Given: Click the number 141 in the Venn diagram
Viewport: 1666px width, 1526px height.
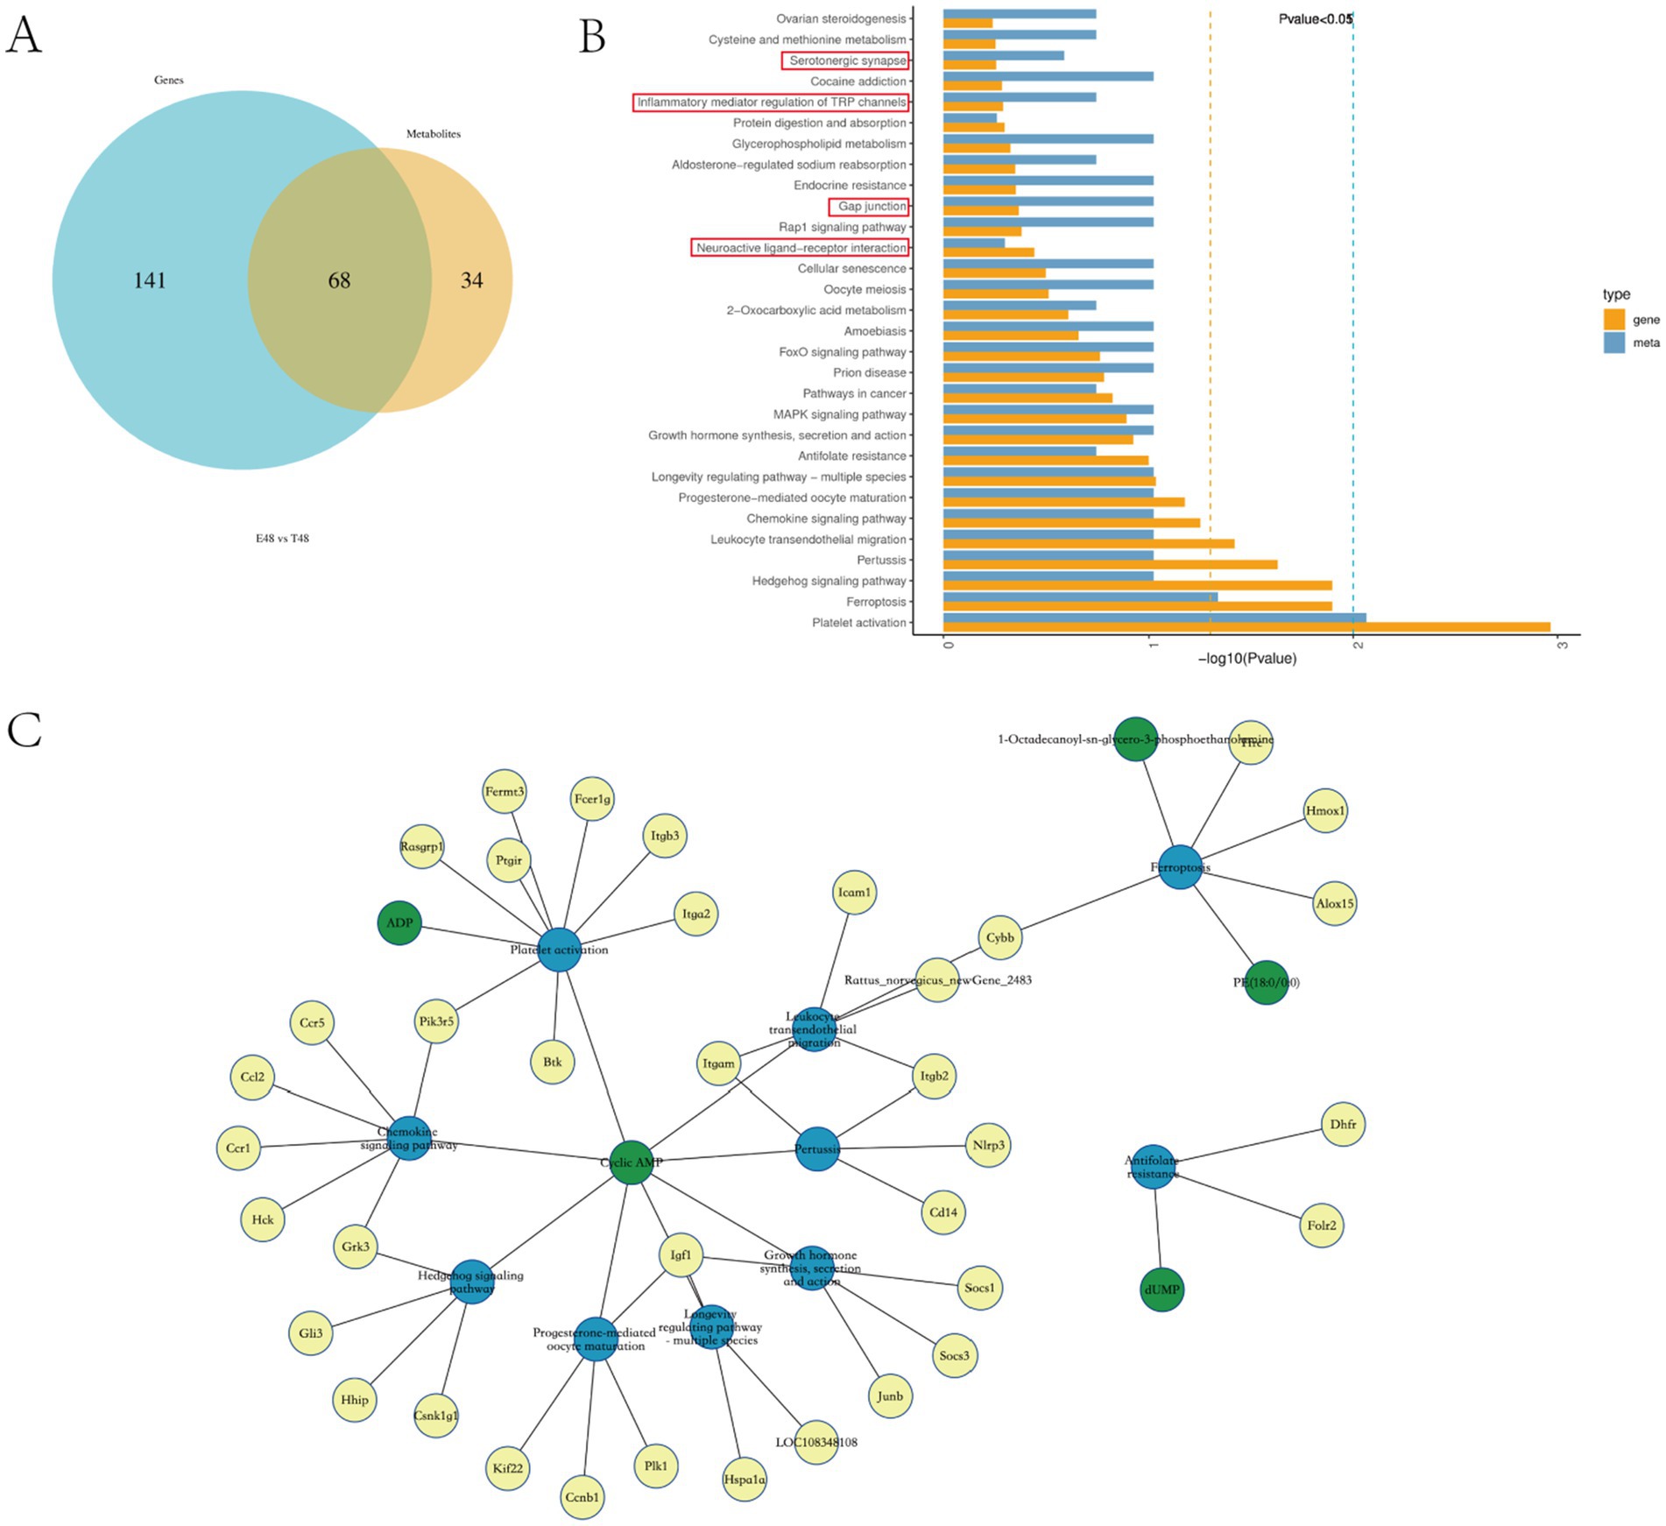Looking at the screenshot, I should pos(150,280).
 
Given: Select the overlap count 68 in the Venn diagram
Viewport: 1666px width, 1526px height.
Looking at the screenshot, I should pos(339,280).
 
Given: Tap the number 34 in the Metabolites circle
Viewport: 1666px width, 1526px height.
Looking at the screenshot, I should pos(471,280).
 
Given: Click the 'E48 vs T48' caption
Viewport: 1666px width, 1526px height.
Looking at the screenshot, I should pos(282,539).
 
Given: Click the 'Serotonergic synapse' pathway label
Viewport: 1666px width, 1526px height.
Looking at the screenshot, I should pos(846,60).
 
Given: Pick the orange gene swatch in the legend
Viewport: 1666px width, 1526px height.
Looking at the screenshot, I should pos(1613,320).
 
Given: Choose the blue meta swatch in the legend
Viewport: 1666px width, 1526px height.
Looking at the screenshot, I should pos(1613,343).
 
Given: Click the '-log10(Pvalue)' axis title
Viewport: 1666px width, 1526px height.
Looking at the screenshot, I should pos(1246,659).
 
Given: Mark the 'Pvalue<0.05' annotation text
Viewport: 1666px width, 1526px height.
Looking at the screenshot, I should pos(1315,19).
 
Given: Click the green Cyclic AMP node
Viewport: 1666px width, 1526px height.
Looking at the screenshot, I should pos(631,1162).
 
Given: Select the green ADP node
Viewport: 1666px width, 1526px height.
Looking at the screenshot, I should pos(399,922).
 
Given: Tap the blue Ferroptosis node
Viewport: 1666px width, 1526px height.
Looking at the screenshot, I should pos(1180,867).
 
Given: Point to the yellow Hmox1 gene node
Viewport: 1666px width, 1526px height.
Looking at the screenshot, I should pos(1324,811).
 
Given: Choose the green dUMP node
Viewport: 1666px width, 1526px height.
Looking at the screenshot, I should pos(1161,1289).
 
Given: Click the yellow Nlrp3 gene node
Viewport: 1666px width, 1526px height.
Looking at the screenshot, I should pos(988,1145).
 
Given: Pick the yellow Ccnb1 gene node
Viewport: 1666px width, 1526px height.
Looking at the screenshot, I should pos(582,1497).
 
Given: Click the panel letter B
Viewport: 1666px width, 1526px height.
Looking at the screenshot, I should pos(592,37).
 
